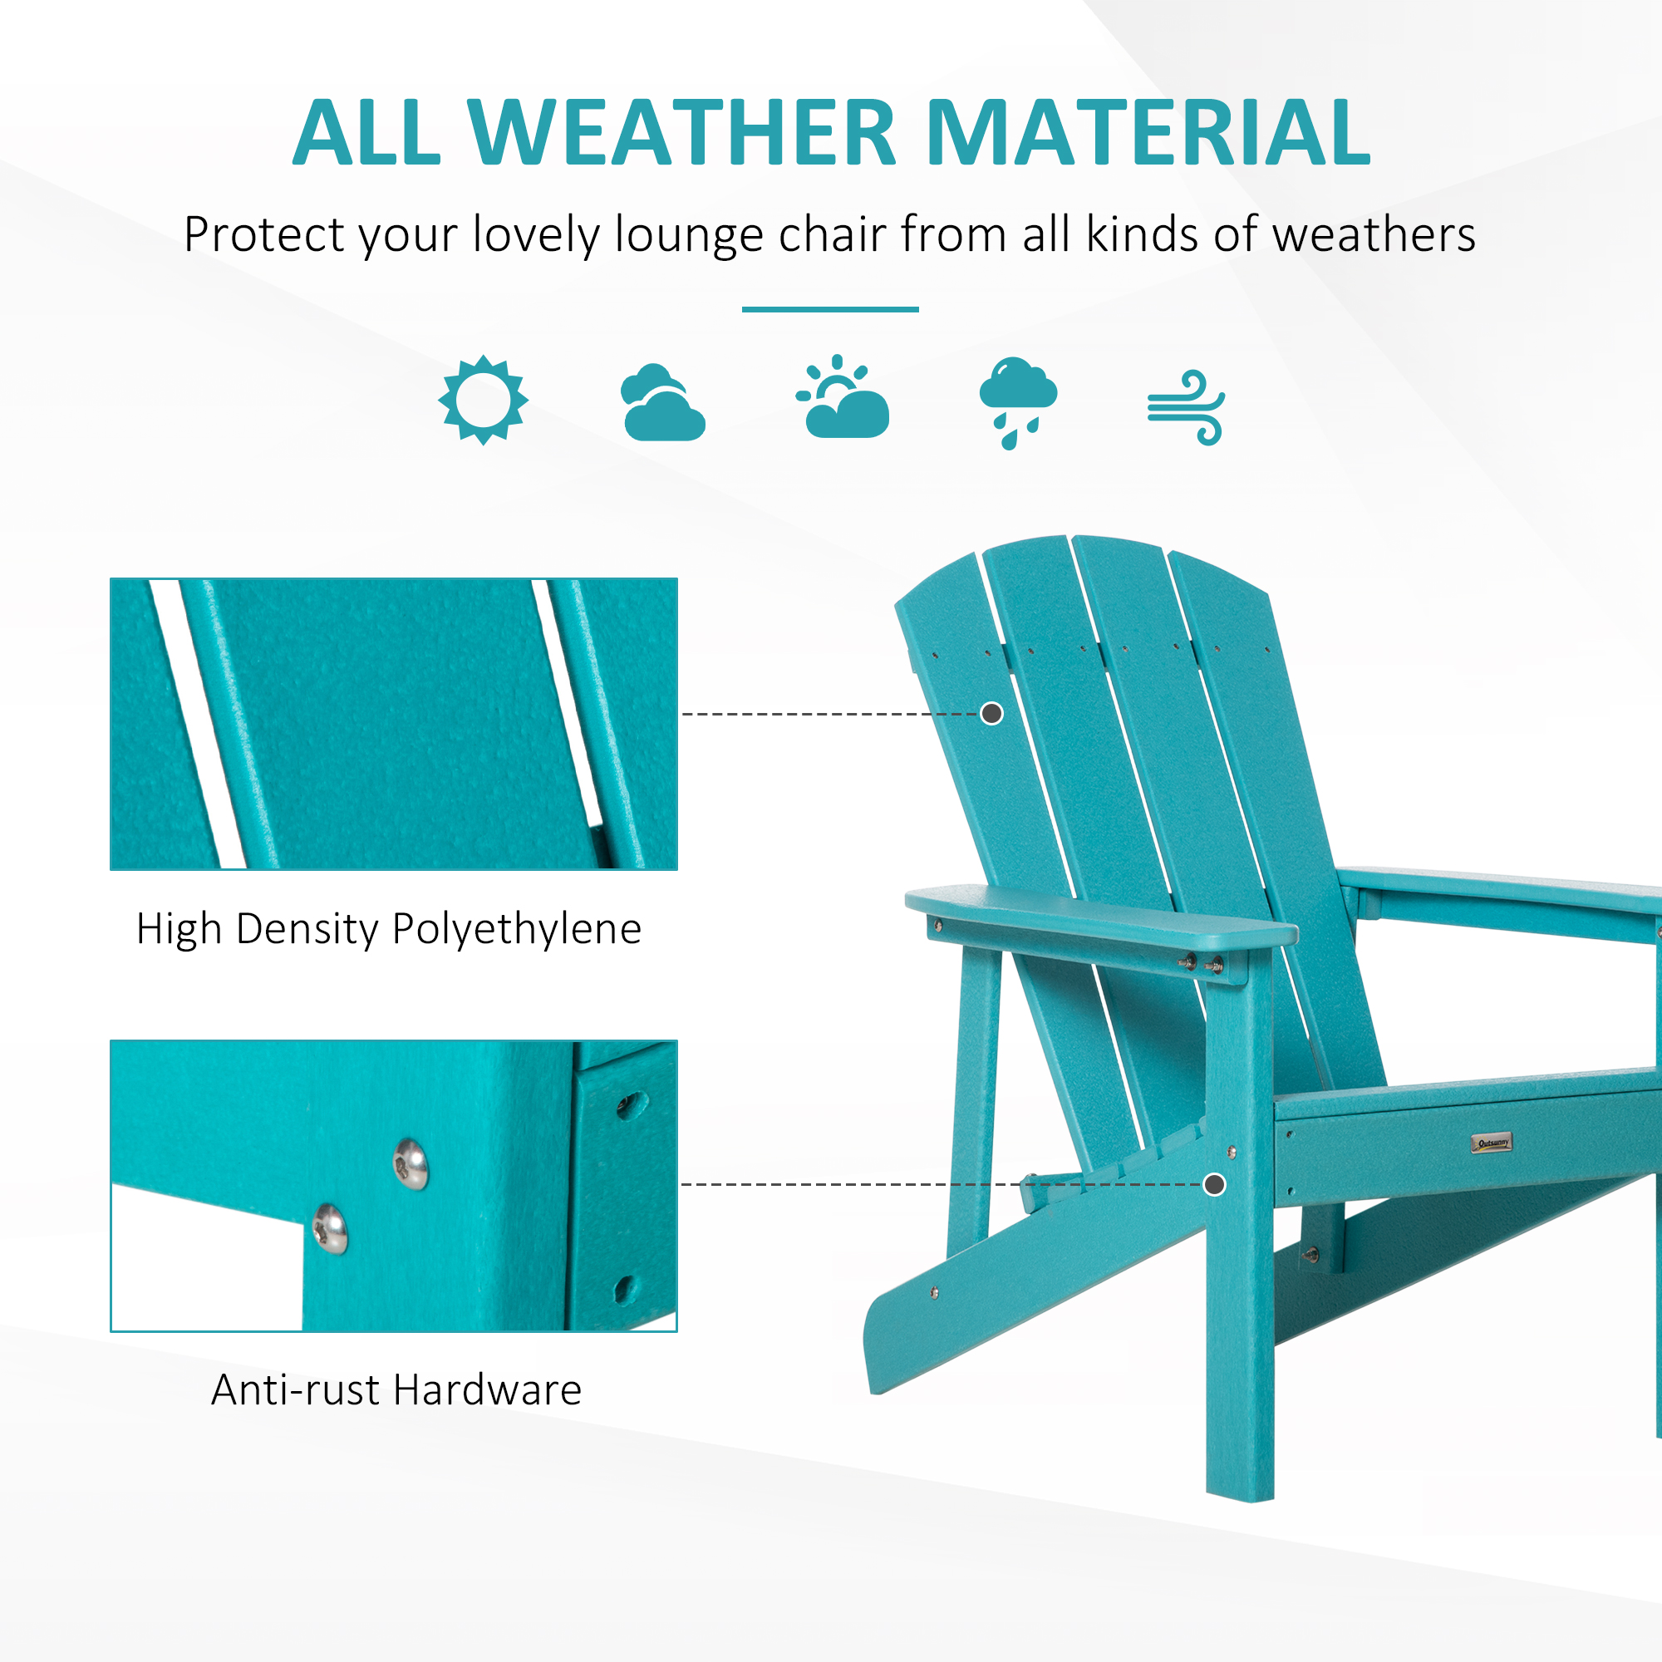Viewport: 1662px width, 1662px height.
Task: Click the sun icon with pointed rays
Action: (x=483, y=400)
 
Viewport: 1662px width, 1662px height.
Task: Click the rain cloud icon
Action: (x=1017, y=401)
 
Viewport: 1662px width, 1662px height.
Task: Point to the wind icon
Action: (x=1187, y=408)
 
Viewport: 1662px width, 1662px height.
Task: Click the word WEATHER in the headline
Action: (x=681, y=132)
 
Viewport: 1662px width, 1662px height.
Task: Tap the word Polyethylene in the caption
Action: (x=517, y=930)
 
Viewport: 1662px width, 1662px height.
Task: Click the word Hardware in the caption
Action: (x=488, y=1390)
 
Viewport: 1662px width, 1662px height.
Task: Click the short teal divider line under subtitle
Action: (x=830, y=309)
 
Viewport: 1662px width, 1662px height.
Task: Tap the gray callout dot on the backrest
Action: (x=992, y=713)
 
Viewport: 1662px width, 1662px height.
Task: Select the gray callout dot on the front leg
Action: (x=1215, y=1184)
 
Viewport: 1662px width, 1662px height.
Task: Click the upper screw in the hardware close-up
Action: (x=411, y=1164)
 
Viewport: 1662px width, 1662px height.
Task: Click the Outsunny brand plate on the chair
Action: (x=1491, y=1143)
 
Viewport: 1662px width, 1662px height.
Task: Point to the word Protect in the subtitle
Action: (x=264, y=235)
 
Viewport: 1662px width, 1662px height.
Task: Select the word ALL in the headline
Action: (x=366, y=132)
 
